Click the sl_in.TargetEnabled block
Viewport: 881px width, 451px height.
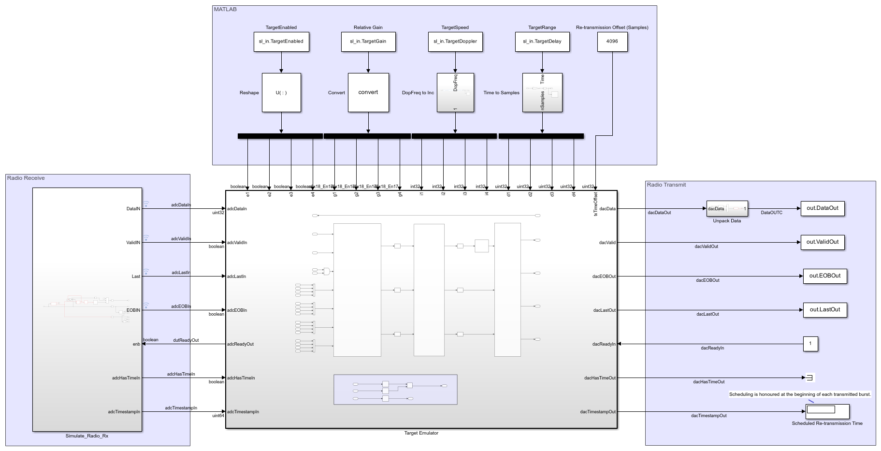pos(281,42)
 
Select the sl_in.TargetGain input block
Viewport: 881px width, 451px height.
pos(368,42)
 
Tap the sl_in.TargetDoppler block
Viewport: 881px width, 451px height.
pos(455,42)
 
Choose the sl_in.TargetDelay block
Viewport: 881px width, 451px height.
pos(542,42)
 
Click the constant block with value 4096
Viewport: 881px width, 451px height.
pos(612,42)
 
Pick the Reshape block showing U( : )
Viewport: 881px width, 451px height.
pos(281,92)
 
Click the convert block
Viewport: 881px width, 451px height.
pos(368,92)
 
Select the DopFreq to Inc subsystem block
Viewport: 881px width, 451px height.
pos(455,92)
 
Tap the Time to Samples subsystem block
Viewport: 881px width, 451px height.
pos(542,92)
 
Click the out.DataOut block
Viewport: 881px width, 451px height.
pos(822,208)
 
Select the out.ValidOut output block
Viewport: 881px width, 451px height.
pos(822,242)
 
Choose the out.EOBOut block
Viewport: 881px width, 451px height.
pos(824,276)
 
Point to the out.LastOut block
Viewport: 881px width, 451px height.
pos(824,310)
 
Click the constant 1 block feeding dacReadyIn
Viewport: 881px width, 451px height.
pos(810,344)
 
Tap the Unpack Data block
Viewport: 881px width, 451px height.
pos(727,209)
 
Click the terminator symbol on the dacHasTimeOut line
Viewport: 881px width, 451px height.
pos(810,378)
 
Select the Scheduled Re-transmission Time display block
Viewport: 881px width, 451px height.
pos(827,411)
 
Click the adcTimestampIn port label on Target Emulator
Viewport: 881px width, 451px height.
pos(243,412)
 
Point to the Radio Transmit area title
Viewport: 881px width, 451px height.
pos(666,185)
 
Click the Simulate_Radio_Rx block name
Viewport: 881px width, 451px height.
pos(87,436)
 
